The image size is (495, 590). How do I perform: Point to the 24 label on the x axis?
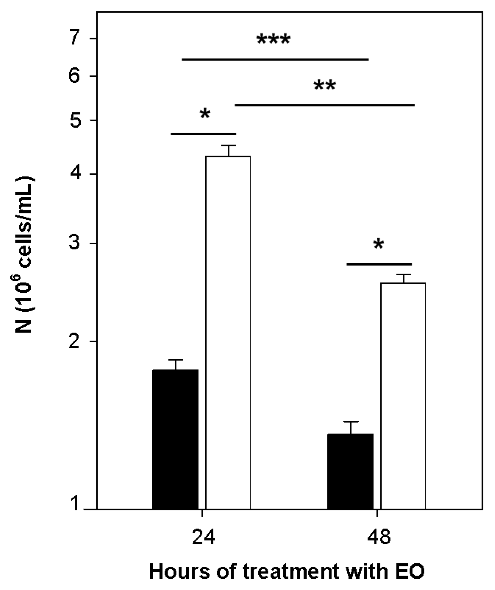203,537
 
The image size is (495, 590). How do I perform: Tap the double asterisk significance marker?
325,86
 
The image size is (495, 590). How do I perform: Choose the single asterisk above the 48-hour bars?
379,245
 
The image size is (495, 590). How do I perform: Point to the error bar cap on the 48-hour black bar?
350,422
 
